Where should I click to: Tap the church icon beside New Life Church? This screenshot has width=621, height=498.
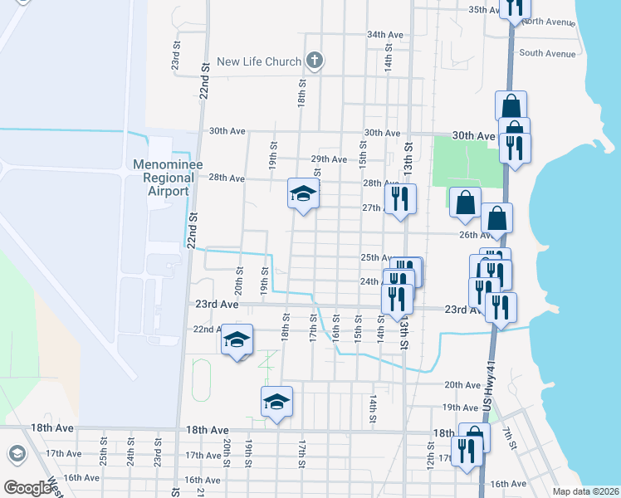click(x=313, y=60)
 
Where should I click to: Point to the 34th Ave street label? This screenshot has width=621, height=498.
click(x=385, y=36)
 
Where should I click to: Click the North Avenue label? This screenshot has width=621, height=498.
click(x=549, y=22)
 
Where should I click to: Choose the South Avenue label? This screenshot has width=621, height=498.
click(x=547, y=54)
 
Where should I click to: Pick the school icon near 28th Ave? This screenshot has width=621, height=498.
click(x=303, y=194)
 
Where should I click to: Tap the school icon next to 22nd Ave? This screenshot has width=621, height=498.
click(x=237, y=339)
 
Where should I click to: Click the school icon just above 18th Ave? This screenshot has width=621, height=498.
click(x=277, y=403)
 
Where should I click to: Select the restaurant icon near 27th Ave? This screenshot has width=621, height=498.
click(x=400, y=199)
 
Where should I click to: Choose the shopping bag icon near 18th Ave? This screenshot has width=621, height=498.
click(x=474, y=435)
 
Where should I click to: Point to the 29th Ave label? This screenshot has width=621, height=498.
click(x=329, y=159)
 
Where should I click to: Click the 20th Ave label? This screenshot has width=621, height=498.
click(x=462, y=385)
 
